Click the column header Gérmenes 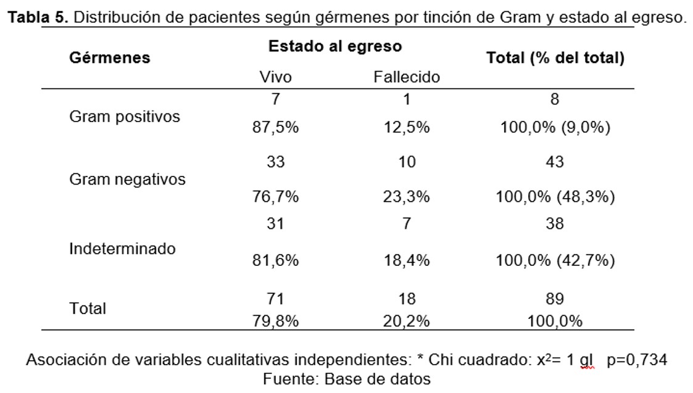[x=109, y=58]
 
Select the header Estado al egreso [x=334, y=46]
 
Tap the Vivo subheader [x=275, y=77]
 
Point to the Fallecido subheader [x=407, y=77]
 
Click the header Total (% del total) [x=555, y=58]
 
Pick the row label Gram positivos [x=125, y=117]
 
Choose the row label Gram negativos [x=127, y=180]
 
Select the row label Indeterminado [x=122, y=249]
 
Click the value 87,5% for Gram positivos [x=275, y=128]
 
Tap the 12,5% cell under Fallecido [x=407, y=128]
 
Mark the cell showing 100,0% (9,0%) [x=555, y=128]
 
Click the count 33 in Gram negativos [x=275, y=162]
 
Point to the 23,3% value [x=407, y=197]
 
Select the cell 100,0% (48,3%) [x=555, y=197]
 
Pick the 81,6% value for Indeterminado [x=275, y=260]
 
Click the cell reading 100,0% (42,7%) [x=555, y=260]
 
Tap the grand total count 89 [x=555, y=299]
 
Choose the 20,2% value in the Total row [x=407, y=321]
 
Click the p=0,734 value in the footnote [x=636, y=360]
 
